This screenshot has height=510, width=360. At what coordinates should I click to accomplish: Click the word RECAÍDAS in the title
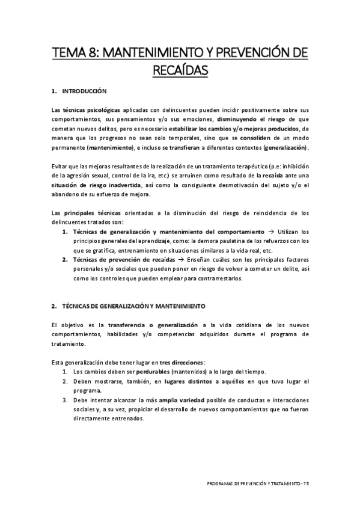[x=180, y=71]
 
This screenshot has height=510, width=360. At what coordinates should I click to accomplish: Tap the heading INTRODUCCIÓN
[x=84, y=92]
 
